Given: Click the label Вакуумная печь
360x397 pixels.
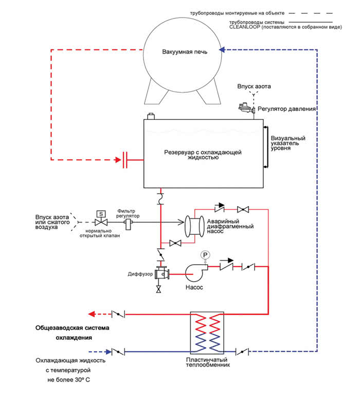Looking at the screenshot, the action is (x=185, y=52).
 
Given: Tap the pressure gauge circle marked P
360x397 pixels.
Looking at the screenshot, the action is (x=205, y=255).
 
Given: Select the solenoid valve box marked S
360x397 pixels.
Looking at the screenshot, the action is (x=101, y=214).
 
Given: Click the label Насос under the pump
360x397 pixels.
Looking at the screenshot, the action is (x=194, y=287).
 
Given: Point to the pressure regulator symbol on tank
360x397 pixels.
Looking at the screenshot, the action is (x=246, y=108).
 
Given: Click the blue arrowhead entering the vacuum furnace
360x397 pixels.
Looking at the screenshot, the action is (x=222, y=49).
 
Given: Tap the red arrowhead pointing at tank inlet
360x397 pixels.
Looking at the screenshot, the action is (x=118, y=160).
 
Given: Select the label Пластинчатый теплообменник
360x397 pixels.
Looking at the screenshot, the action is (x=208, y=363).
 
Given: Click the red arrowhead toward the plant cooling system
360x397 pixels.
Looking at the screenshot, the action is (x=91, y=314).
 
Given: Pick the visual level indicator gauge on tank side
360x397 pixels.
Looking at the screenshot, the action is (x=265, y=147).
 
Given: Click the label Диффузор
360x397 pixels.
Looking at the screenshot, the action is (x=140, y=274).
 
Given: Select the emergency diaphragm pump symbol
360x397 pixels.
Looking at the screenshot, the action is (x=195, y=227).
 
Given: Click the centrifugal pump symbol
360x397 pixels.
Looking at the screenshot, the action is (x=196, y=272).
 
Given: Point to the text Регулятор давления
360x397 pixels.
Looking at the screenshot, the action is (x=286, y=109).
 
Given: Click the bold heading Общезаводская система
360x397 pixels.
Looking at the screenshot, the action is (x=73, y=328).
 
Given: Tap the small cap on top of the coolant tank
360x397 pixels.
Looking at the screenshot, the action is (x=151, y=116).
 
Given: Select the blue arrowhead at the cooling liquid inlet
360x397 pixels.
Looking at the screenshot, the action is (x=109, y=352).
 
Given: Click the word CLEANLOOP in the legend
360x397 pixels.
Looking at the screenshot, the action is (x=244, y=27).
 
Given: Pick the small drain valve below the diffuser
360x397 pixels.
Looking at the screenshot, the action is (x=158, y=289).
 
